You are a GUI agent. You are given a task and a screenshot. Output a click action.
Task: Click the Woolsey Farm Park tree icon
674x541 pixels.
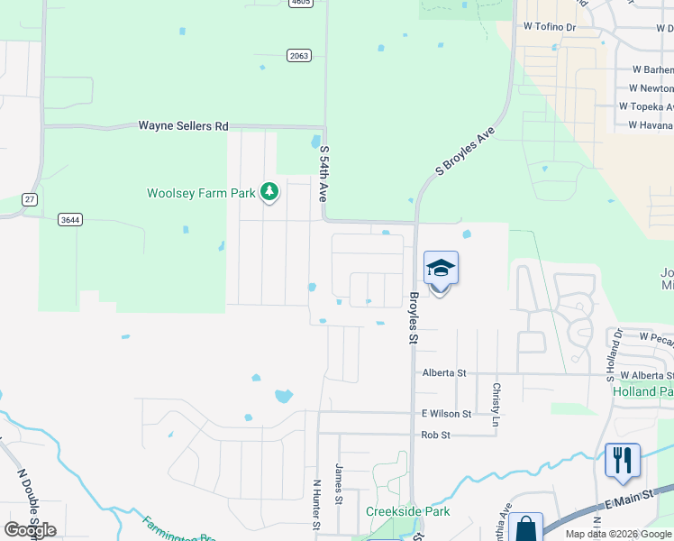click(269, 191)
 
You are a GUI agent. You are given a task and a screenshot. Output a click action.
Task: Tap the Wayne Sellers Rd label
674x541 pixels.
click(183, 126)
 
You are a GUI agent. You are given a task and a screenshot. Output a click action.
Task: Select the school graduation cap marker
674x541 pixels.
click(441, 270)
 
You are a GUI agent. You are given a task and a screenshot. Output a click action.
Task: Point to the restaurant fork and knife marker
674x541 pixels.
click(623, 461)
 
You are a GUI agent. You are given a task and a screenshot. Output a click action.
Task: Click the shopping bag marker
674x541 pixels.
click(525, 528)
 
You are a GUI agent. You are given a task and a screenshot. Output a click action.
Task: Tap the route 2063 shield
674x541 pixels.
click(299, 55)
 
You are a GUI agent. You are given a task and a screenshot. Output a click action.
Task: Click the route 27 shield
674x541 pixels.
click(30, 199)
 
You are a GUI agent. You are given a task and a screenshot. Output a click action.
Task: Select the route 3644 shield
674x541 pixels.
click(68, 219)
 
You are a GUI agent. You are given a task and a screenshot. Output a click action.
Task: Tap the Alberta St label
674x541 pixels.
click(444, 372)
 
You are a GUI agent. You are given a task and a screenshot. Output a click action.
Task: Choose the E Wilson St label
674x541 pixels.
click(447, 413)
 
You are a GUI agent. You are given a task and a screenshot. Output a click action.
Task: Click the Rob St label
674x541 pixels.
click(435, 435)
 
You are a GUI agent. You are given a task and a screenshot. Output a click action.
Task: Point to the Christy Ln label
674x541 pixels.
click(496, 404)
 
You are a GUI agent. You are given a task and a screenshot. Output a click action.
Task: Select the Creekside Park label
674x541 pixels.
click(407, 511)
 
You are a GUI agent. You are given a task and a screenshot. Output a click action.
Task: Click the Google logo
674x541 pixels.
click(30, 529)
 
